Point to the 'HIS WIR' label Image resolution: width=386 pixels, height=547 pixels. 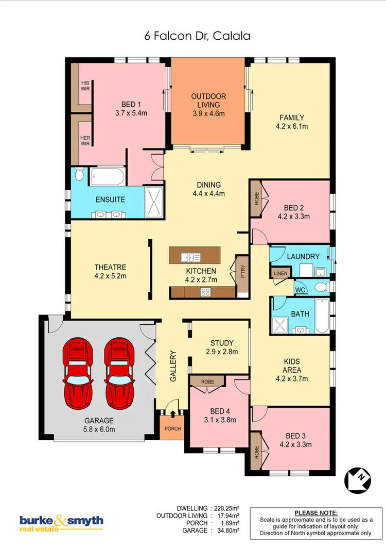(x=84, y=86)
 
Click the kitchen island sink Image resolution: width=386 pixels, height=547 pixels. (x=189, y=256)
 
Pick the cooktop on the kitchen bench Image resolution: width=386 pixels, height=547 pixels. (x=205, y=292)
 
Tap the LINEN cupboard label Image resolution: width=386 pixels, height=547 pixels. (x=280, y=273)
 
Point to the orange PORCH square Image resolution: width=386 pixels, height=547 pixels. (x=169, y=428)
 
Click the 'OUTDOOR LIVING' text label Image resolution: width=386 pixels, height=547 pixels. (x=208, y=101)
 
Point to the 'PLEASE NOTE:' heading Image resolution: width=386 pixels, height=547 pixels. (x=316, y=513)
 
